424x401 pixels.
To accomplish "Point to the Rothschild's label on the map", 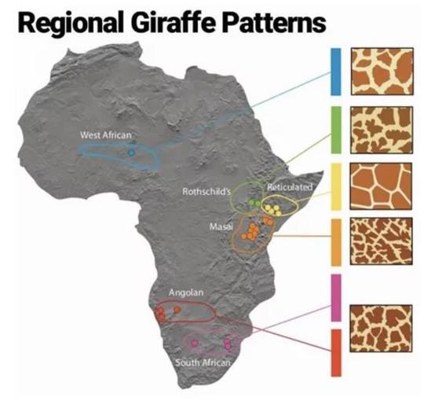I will tap(204, 191).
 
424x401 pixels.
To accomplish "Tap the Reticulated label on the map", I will tap(290, 187).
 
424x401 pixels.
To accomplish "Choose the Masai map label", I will tap(219, 226).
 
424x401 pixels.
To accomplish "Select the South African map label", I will tap(203, 362).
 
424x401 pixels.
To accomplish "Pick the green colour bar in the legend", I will tap(335, 130).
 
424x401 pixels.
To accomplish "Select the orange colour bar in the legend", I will tap(335, 241).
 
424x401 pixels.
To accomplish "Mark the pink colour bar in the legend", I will tap(335, 297).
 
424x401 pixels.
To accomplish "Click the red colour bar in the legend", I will tap(335, 352).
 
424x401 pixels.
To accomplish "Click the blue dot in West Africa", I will tap(131, 153).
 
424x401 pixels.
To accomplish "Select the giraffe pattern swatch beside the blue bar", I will tap(381, 72).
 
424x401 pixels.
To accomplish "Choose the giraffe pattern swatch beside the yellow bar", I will tap(381, 186).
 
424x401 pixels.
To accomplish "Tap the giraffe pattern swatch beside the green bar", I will tap(381, 129).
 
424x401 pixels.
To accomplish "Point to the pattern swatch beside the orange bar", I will tap(381, 241).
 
